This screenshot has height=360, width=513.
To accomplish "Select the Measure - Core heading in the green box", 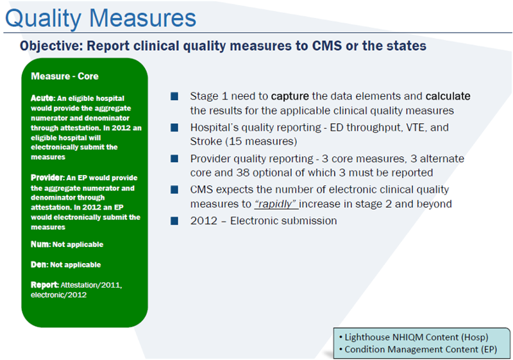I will tap(65, 76).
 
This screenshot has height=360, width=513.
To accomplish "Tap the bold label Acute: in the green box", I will tap(42, 98).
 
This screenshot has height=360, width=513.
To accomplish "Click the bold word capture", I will tap(290, 96).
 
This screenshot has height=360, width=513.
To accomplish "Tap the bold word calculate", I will tap(448, 96).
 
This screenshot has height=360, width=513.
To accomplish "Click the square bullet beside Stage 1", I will tap(174, 97).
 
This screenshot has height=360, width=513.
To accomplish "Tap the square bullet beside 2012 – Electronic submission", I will tap(174, 220).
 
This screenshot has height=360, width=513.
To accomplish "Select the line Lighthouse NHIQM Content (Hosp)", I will tap(416, 337).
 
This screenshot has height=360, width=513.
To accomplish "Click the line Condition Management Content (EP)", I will tap(423, 350).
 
